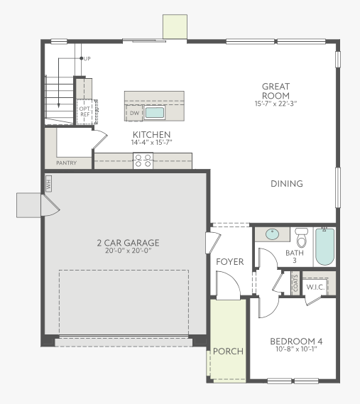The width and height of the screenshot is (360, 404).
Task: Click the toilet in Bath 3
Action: pyautogui.click(x=302, y=237)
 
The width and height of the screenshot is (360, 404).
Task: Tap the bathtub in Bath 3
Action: pyautogui.click(x=324, y=247)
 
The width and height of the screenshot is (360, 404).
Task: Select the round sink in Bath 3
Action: pyautogui.click(x=272, y=234)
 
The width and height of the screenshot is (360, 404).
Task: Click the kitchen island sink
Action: pyautogui.click(x=154, y=113)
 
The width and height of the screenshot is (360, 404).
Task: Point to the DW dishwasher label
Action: pyautogui.click(x=134, y=113)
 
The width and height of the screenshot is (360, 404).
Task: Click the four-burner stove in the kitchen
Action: pyautogui.click(x=143, y=160)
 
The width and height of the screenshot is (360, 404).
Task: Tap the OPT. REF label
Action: pyautogui.click(x=84, y=111)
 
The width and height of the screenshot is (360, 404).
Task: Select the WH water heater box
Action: pyautogui.click(x=48, y=184)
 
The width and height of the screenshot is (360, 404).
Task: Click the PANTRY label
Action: pyautogui.click(x=66, y=163)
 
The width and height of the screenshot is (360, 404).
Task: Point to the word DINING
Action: pyautogui.click(x=287, y=184)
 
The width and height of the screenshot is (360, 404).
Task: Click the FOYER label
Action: pyautogui.click(x=229, y=262)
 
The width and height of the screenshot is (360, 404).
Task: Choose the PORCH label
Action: pyautogui.click(x=228, y=351)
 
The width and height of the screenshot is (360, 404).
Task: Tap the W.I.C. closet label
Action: pyautogui.click(x=315, y=287)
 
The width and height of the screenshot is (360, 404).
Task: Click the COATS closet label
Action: pyautogui.click(x=295, y=283)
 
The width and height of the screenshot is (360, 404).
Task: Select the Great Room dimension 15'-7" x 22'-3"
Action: pyautogui.click(x=276, y=104)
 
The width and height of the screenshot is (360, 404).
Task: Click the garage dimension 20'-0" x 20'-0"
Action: pyautogui.click(x=128, y=251)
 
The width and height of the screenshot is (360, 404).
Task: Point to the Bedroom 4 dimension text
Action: pyautogui.click(x=296, y=349)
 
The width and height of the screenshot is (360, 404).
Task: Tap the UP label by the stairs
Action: pyautogui.click(x=87, y=59)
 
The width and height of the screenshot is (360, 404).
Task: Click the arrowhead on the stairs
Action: pyautogui.click(x=59, y=105)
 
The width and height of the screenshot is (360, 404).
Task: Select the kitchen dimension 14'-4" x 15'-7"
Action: pyautogui.click(x=151, y=142)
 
